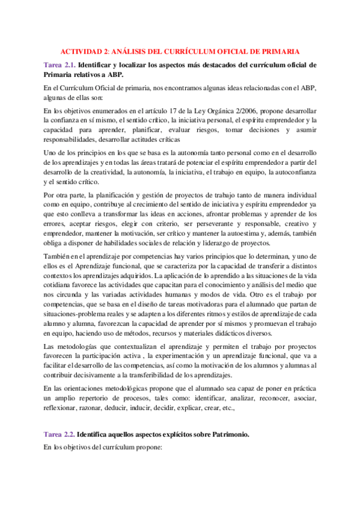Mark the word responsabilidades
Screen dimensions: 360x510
(75, 137)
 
